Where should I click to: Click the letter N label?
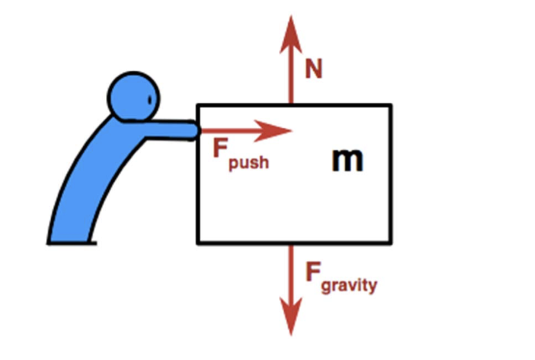click(313, 70)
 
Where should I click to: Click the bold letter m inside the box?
click(347, 160)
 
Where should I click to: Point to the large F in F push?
click(220, 149)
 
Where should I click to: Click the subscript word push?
click(248, 162)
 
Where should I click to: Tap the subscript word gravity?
click(349, 286)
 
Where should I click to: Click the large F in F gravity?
click(313, 272)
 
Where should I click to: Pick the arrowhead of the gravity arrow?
click(291, 321)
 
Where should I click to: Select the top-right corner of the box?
click(391, 106)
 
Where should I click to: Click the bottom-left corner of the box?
click(199, 242)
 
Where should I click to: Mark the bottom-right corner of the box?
click(391, 242)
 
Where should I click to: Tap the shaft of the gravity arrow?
click(291, 273)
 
